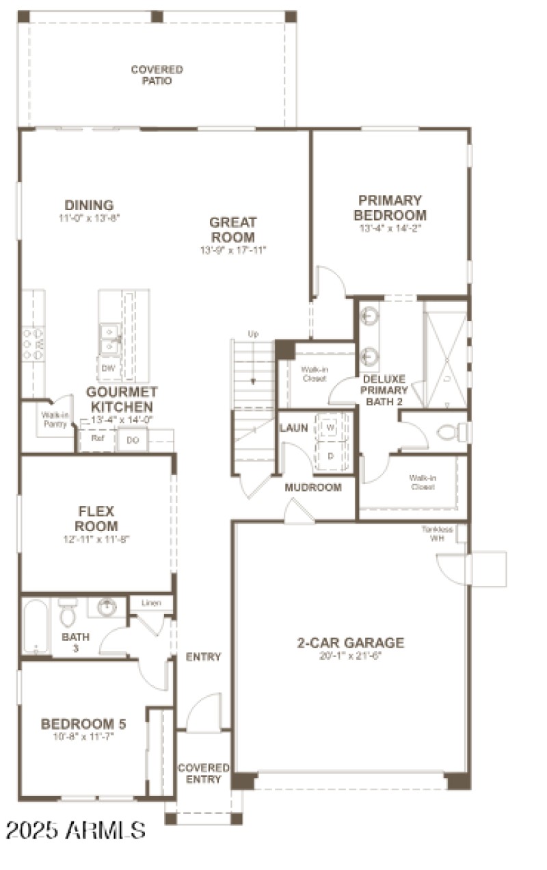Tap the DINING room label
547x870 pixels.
pos(89,205)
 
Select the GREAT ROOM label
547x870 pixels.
pos(232,229)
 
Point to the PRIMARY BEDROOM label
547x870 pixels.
pos(390,207)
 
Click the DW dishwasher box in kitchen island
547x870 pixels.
pos(108,368)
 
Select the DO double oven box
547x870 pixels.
pos(133,440)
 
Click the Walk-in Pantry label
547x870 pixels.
pos(54,419)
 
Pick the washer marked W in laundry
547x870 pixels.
pos(331,428)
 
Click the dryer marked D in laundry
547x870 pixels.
pos(331,455)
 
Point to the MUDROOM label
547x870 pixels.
pos(312,487)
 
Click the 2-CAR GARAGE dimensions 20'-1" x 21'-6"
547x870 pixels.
pos(350,656)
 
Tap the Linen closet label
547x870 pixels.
pos(151,603)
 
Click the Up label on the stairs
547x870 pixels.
pos(253,334)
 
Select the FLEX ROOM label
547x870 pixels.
pos(97,519)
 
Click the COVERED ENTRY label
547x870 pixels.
pos(203,773)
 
